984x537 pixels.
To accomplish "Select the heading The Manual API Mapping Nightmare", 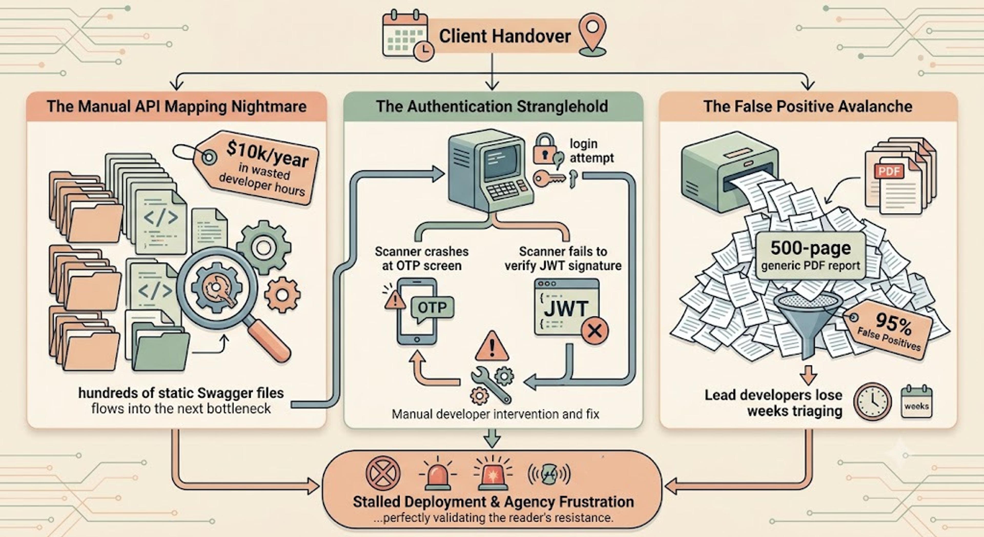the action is [x=177, y=106].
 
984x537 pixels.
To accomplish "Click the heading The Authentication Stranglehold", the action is [x=492, y=106].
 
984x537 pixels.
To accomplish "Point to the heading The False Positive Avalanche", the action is [x=808, y=106].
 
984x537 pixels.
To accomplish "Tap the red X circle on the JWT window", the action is [x=595, y=331].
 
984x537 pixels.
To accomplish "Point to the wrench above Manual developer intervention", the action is [x=491, y=385].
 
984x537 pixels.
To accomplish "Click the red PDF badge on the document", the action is [x=889, y=171].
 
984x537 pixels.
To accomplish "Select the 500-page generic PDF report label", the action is [x=811, y=255].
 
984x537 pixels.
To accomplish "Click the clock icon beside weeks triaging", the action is [x=873, y=402].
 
